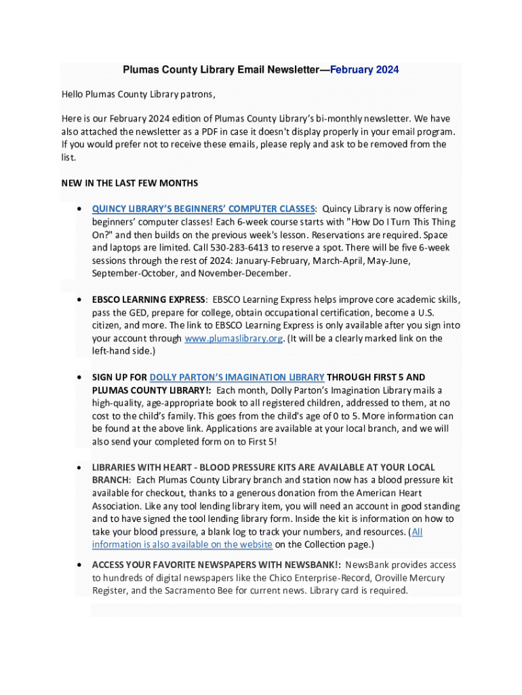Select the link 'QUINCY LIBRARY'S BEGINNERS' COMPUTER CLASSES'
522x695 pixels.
tap(203, 209)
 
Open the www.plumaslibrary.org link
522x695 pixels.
tap(233, 339)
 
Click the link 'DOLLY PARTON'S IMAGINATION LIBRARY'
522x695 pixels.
tap(237, 377)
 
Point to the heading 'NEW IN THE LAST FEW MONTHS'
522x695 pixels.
tap(129, 183)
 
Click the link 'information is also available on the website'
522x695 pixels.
tap(182, 544)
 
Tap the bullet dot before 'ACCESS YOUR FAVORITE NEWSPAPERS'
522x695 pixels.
tap(80, 565)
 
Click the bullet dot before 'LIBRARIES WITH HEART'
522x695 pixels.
tap(80, 468)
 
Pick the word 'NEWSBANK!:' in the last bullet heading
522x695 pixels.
tap(314, 565)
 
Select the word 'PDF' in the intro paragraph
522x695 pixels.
tap(215, 132)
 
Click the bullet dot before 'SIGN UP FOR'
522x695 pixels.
tap(80, 377)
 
